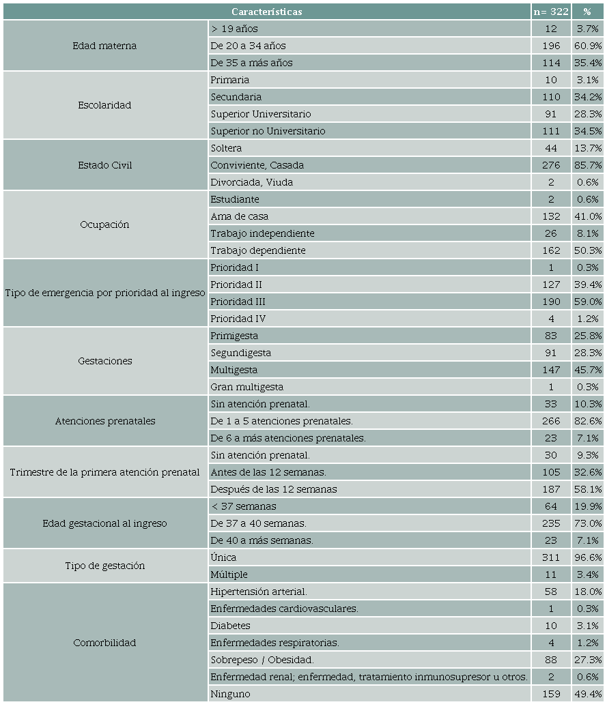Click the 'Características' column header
(x=266, y=12)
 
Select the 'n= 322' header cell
(x=551, y=12)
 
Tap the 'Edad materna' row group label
(x=104, y=46)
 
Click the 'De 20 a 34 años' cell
(x=248, y=46)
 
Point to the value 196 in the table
(x=551, y=46)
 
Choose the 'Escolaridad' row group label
(x=104, y=105)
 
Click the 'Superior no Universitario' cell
(x=268, y=131)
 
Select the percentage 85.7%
(x=588, y=165)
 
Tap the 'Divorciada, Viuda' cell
(x=252, y=182)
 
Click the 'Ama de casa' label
(x=239, y=216)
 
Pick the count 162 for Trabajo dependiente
(x=551, y=250)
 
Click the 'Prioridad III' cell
(x=238, y=302)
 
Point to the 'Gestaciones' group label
(x=105, y=361)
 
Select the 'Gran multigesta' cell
(x=246, y=387)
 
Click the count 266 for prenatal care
(x=551, y=421)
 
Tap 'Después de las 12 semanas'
(x=273, y=489)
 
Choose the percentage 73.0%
(x=588, y=523)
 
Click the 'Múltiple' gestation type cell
(x=229, y=574)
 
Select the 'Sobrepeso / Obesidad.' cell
(x=262, y=660)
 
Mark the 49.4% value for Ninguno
(x=588, y=694)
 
